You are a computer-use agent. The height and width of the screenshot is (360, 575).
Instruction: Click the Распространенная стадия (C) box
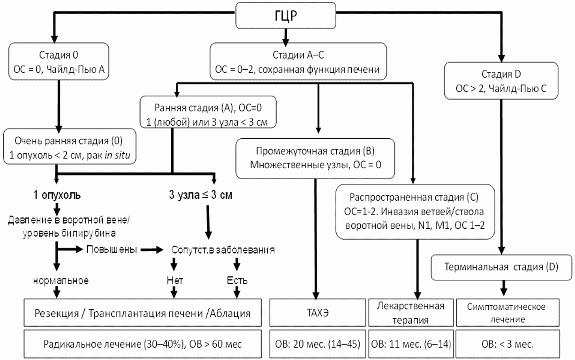tap(414, 211)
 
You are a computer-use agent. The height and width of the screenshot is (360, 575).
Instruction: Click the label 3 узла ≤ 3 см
tap(200, 195)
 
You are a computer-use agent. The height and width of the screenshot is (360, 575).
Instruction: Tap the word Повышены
tap(111, 249)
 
